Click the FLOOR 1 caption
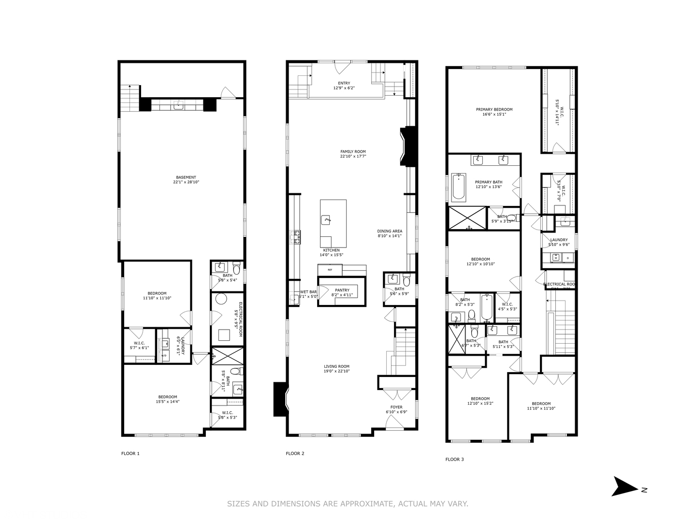[x=130, y=453]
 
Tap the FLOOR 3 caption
[x=454, y=459]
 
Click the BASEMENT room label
[x=186, y=177]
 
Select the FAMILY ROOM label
[x=353, y=151]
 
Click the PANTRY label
[x=342, y=290]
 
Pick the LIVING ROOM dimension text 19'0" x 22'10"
[x=336, y=371]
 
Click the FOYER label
[x=396, y=407]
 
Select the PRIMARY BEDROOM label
[x=494, y=109]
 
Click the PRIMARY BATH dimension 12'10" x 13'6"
[x=489, y=187]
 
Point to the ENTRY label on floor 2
[x=344, y=83]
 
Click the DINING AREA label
[x=390, y=231]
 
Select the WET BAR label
[x=308, y=292]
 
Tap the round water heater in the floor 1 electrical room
[x=221, y=299]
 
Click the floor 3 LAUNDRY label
[x=559, y=240]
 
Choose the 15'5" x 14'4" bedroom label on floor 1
[x=166, y=402]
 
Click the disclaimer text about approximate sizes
[x=348, y=504]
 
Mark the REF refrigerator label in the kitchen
[x=330, y=270]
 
